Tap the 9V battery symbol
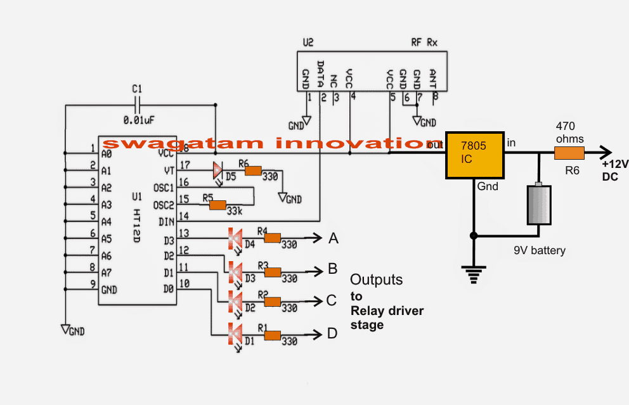point(538,204)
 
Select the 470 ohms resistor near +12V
point(569,153)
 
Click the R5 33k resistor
point(217,205)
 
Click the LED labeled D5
point(217,170)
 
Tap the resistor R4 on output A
point(273,238)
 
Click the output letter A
point(334,239)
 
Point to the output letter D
point(333,333)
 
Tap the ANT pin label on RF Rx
point(434,77)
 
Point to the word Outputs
point(377,280)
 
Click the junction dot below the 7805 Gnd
point(473,236)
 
